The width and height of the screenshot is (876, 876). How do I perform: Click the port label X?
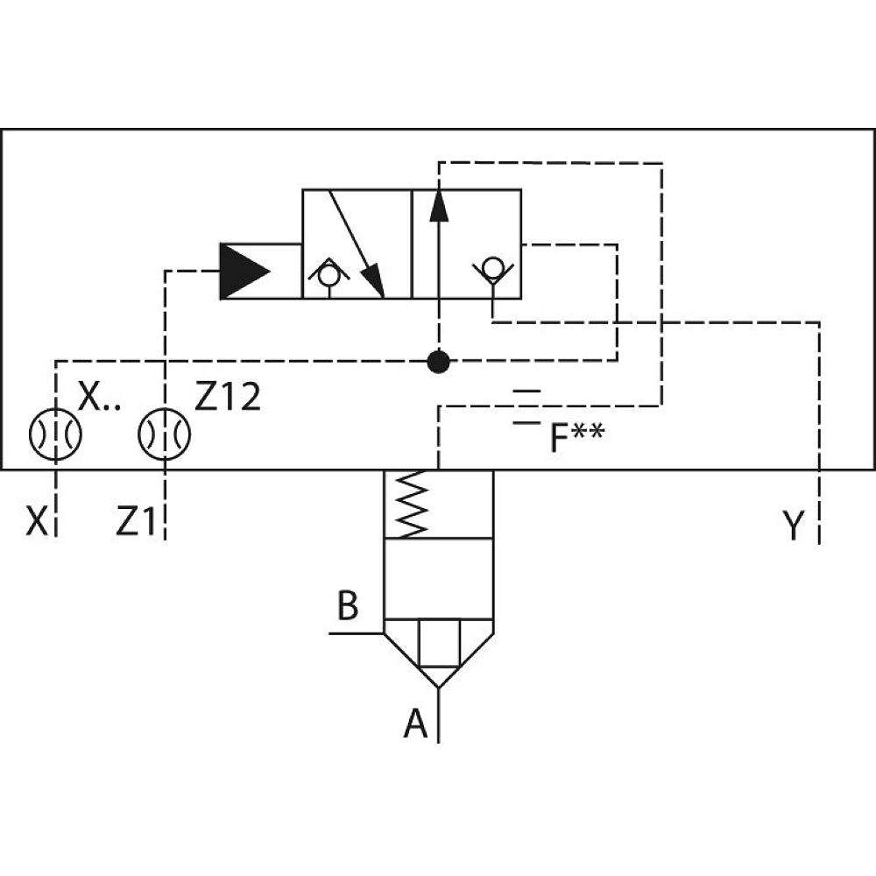coord(37,523)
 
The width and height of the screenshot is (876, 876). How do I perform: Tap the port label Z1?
coord(136,524)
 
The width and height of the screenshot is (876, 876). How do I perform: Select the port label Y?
coord(792,526)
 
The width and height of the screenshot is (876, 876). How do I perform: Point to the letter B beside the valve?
coord(348,606)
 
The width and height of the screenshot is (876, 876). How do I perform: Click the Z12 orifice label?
coord(228,399)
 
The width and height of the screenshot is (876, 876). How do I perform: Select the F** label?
coord(576,438)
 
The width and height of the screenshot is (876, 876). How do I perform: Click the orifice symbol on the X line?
coord(55,433)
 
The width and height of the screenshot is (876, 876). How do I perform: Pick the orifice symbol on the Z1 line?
coord(165,433)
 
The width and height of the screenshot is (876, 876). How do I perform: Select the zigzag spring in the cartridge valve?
coord(411,505)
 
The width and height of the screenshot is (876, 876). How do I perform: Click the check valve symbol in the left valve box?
coord(328,275)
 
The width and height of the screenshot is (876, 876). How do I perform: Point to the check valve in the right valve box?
coord(493,266)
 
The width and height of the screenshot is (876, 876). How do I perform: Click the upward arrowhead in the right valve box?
coord(438,205)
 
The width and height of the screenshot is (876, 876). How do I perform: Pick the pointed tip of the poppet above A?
coord(437,683)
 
